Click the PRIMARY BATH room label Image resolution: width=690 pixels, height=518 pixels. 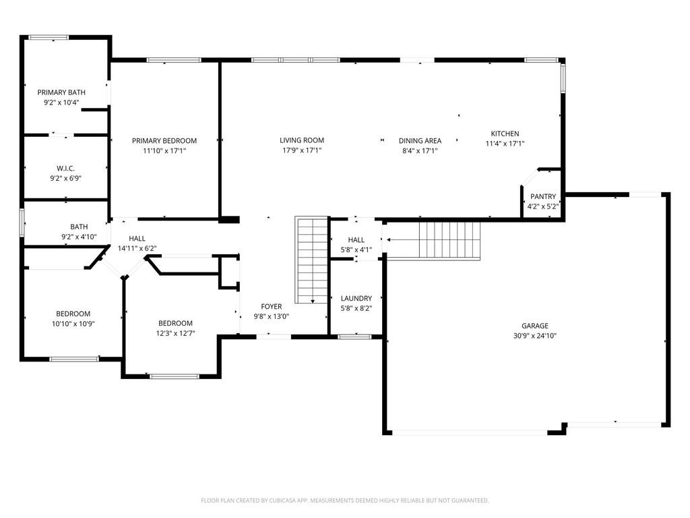coord(58,92)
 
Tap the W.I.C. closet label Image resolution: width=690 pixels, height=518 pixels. coord(66,168)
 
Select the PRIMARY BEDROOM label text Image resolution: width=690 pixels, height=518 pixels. coord(164,141)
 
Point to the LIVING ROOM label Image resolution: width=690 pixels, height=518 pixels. coord(302,141)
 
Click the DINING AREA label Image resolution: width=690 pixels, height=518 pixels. coord(420,141)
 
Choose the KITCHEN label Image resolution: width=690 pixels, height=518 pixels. coord(505,134)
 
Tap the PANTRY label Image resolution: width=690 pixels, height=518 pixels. coord(542,197)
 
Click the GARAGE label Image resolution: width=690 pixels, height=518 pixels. coord(534,325)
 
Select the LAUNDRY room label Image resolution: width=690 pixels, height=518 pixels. coord(356,298)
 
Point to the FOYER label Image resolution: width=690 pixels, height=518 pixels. coord(272,307)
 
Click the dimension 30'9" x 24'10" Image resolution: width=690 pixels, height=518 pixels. coord(534,335)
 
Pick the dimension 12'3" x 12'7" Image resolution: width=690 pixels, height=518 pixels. coord(175,333)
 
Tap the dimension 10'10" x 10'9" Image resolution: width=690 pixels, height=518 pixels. coord(73,324)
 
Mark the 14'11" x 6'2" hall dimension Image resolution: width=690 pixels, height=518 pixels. coord(137,248)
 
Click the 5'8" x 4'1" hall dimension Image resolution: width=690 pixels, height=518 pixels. coord(356,249)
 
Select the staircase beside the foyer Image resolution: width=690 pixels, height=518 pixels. coord(311,260)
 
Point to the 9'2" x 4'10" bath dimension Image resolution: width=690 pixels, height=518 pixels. coord(79,237)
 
